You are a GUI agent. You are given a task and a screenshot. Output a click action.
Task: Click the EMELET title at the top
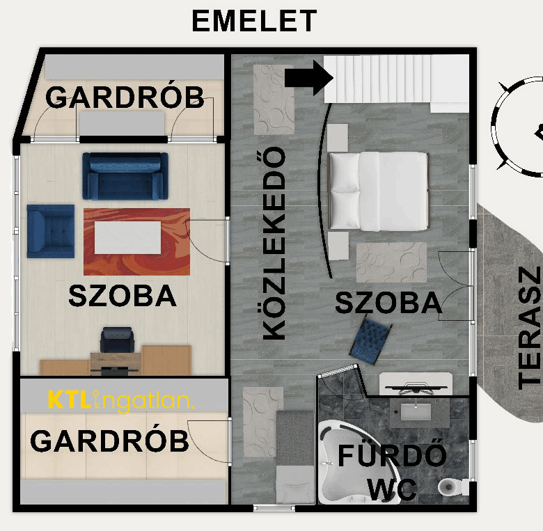pyautogui.click(x=254, y=22)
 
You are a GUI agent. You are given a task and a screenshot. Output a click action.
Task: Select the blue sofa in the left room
pyautogui.click(x=125, y=175)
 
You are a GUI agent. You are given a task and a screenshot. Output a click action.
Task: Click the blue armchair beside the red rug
pyautogui.click(x=50, y=230)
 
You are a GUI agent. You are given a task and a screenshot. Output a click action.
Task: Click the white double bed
pyautogui.click(x=378, y=191)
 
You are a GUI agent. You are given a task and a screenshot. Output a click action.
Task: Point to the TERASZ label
pyautogui.click(x=530, y=327)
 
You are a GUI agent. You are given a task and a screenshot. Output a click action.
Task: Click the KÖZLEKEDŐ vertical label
pyautogui.click(x=274, y=243)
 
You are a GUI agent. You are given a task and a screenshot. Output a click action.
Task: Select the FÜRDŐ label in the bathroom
pyautogui.click(x=392, y=455)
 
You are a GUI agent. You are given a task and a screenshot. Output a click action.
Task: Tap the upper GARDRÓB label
pyautogui.click(x=125, y=97)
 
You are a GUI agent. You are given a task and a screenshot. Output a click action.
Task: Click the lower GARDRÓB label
pyautogui.click(x=110, y=441)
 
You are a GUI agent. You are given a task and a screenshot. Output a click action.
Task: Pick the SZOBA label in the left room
pyautogui.click(x=123, y=296)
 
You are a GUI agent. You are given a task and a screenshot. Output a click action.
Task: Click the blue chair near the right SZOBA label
pyautogui.click(x=367, y=340)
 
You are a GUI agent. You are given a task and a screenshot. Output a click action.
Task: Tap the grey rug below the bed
pyautogui.click(x=391, y=262)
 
